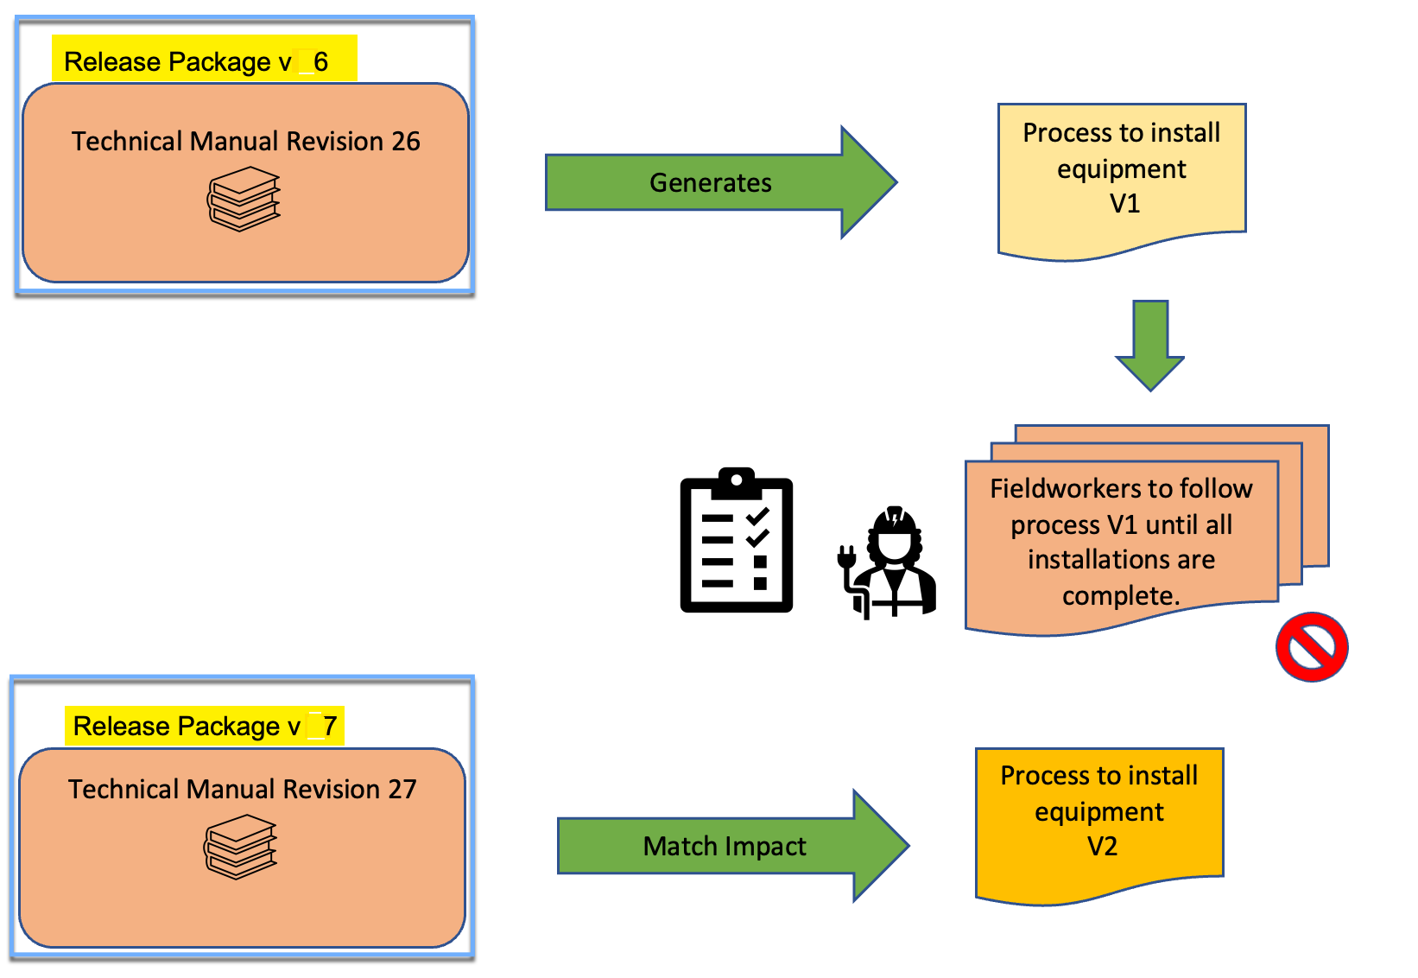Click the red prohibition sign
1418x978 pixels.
coord(1311,647)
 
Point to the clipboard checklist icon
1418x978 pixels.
coord(737,541)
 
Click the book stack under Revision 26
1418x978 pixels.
coord(244,199)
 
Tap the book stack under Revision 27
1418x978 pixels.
coord(240,847)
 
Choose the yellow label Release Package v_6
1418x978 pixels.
coord(204,60)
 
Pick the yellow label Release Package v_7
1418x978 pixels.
coord(205,726)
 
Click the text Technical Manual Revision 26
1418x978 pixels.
coord(245,141)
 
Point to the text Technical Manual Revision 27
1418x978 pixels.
coord(242,789)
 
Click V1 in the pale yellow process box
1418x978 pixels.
coord(1124,204)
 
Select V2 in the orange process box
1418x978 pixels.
coord(1102,846)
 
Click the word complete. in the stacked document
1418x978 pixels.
coord(1121,596)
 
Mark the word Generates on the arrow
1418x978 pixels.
coord(710,182)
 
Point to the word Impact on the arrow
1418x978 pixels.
coord(765,847)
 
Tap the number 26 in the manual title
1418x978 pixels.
coord(405,141)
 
